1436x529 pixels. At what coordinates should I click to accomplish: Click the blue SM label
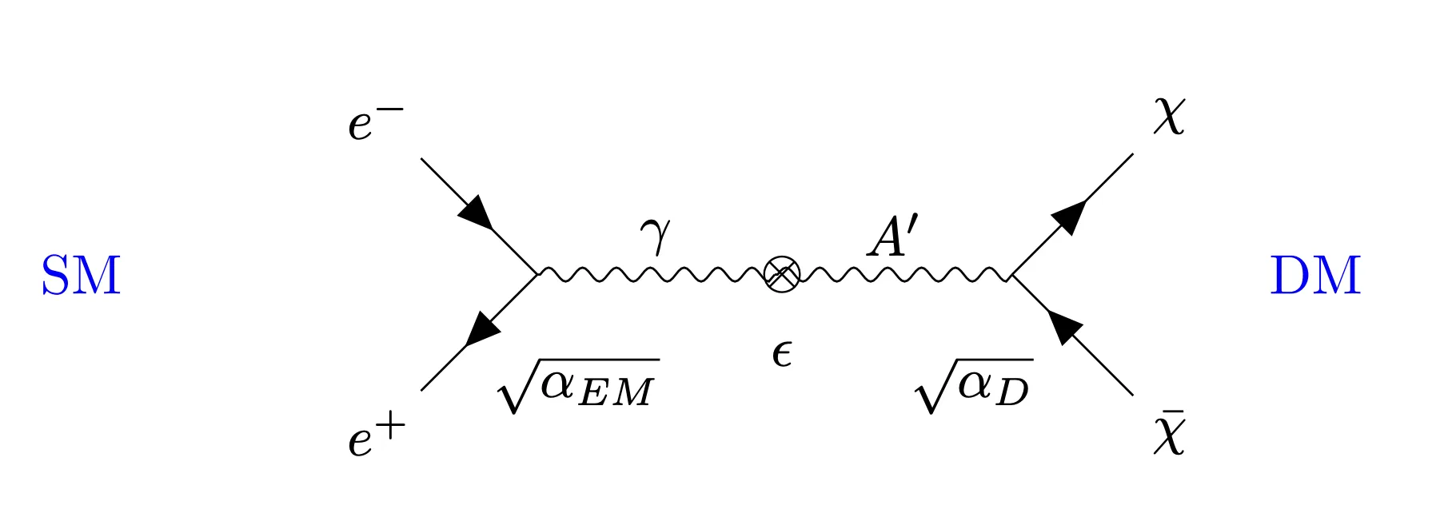point(81,276)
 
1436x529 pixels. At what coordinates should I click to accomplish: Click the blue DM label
point(1315,276)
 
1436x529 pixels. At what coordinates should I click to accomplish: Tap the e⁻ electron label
point(376,124)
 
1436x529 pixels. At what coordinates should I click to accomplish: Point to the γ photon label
point(655,235)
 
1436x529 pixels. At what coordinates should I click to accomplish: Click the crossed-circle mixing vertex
point(782,275)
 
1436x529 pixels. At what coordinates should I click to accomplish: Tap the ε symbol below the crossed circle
point(782,353)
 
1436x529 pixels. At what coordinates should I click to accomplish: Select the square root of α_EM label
point(577,386)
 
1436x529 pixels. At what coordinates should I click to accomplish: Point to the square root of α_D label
point(974,386)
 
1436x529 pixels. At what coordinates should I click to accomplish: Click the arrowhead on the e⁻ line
point(477,213)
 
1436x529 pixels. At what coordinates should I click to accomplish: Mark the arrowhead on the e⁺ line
point(482,328)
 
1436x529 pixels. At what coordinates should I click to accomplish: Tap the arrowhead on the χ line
point(1069,217)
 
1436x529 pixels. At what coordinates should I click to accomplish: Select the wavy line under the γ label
point(651,275)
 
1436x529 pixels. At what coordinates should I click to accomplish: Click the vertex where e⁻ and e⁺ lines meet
point(537,275)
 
